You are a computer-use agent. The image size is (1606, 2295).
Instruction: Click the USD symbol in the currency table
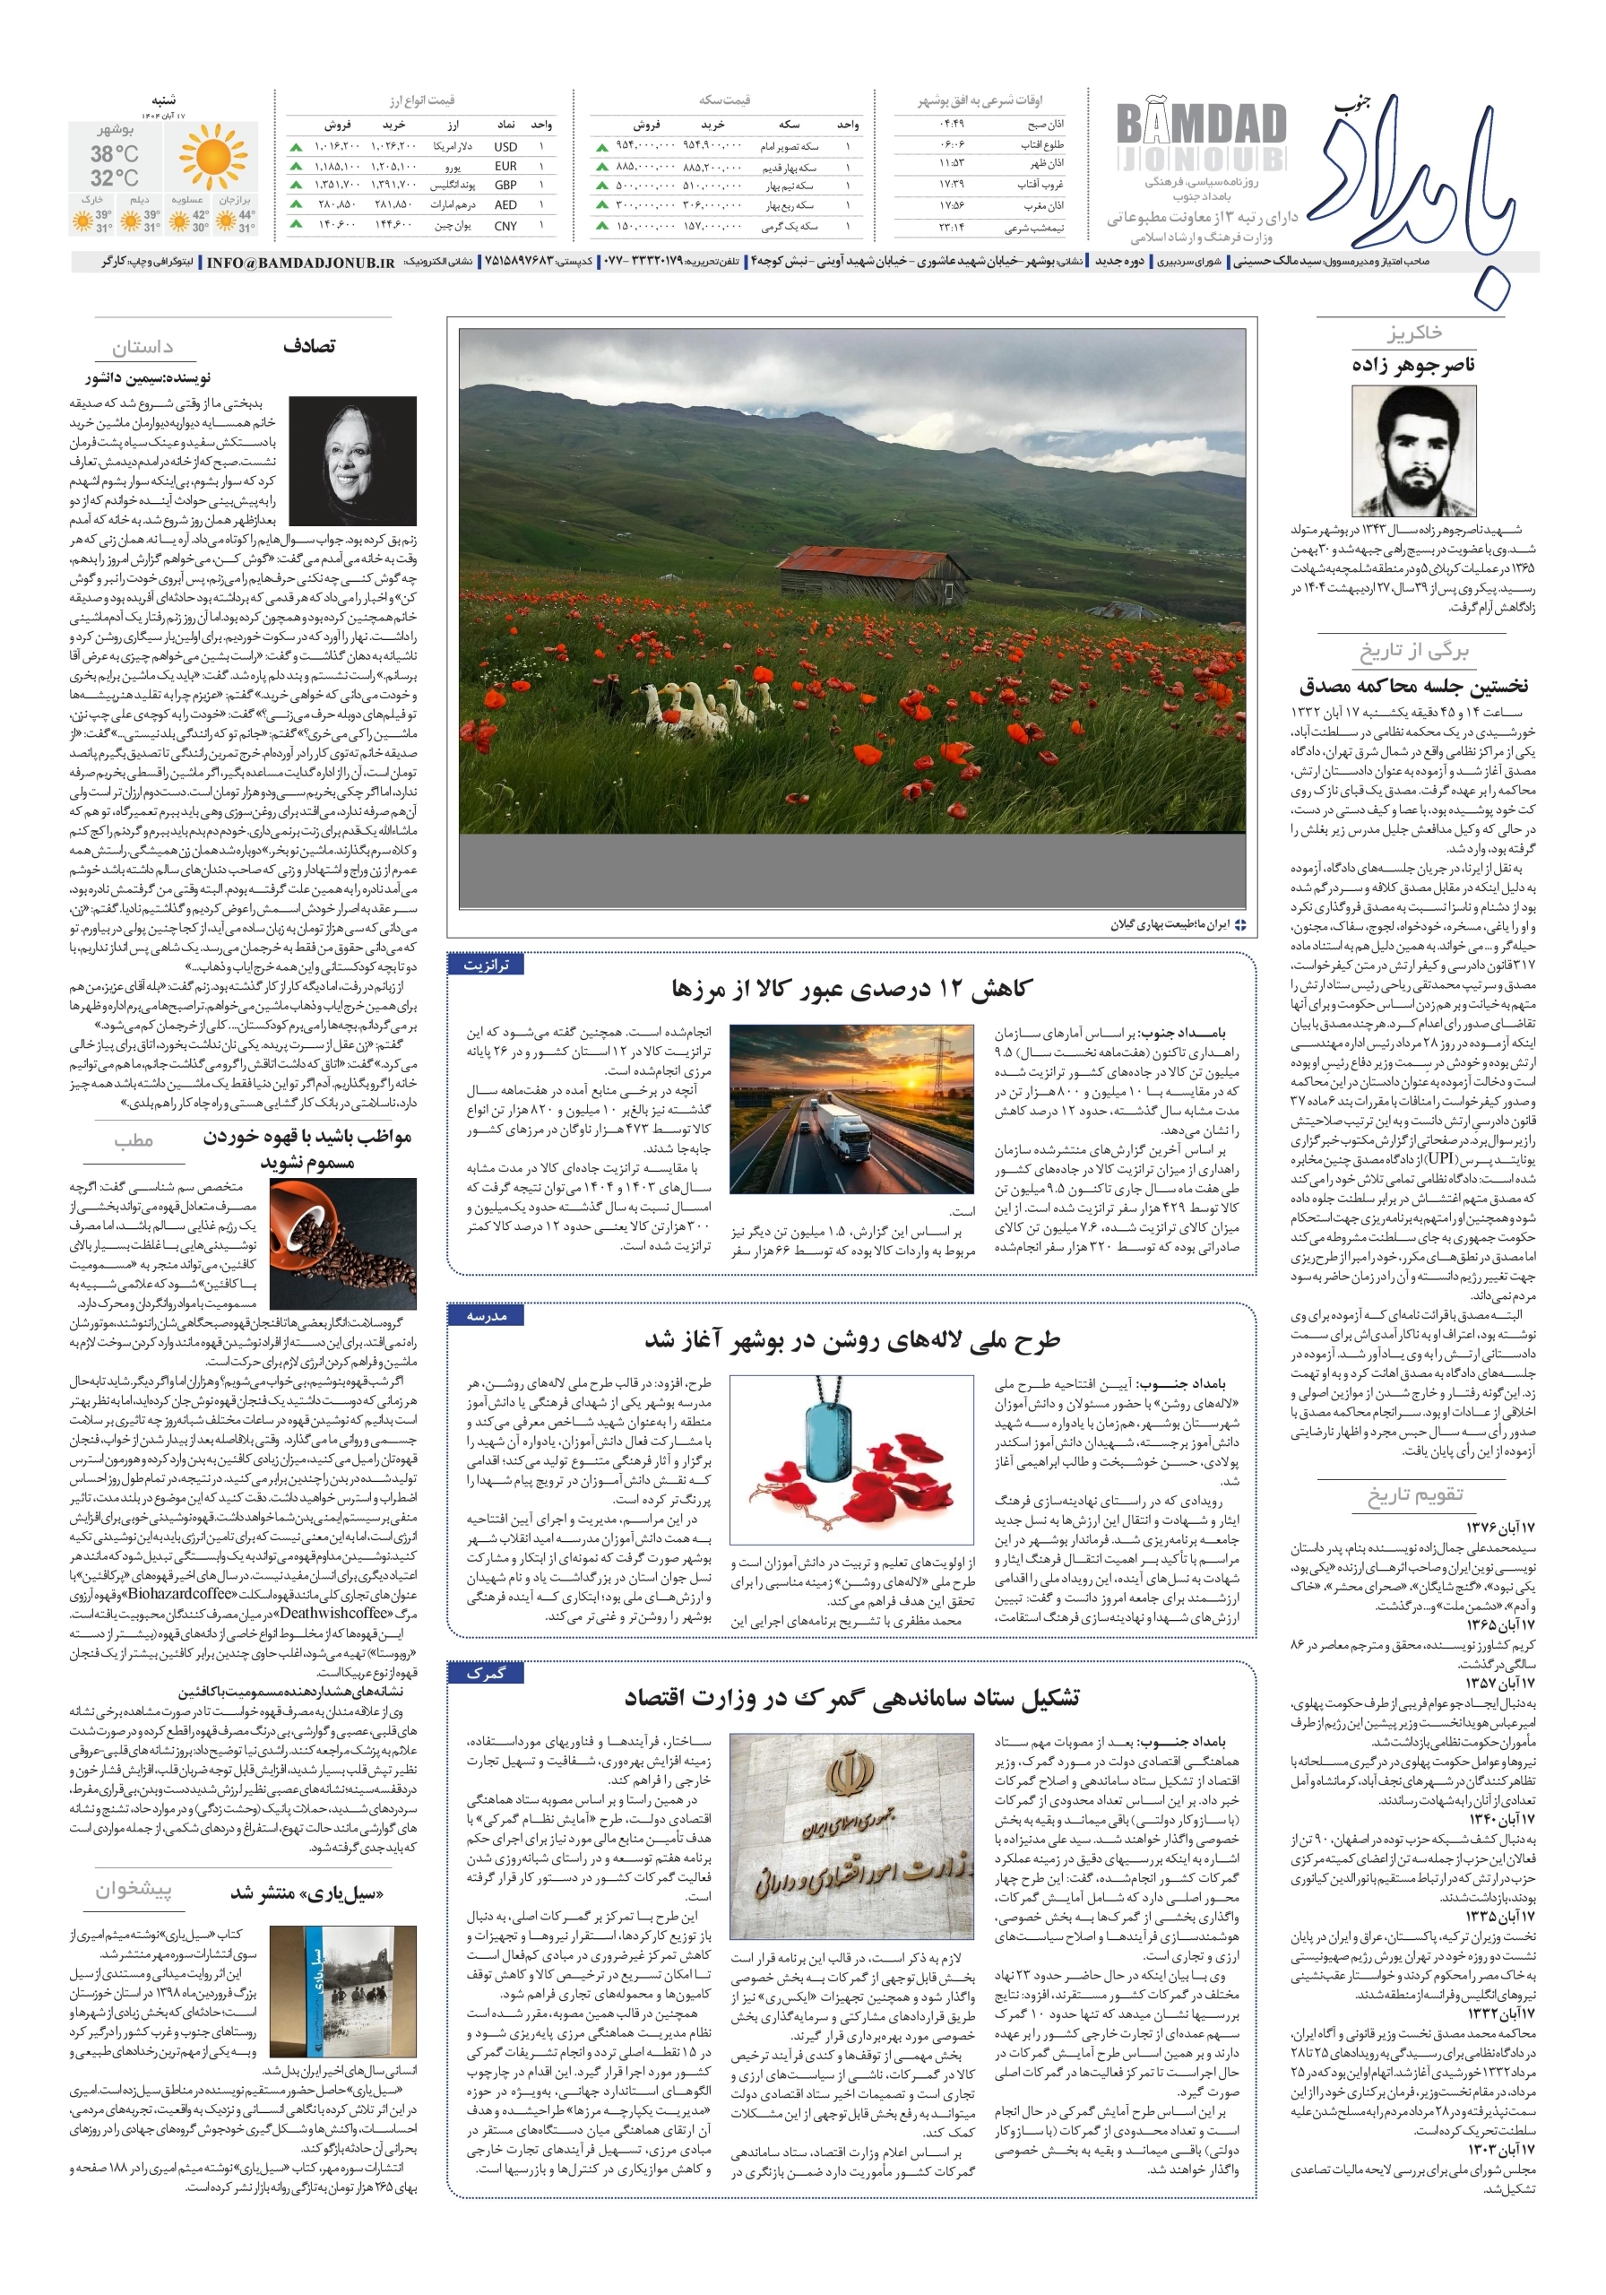coord(505,147)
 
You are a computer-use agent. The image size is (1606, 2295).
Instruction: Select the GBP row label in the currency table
coord(505,185)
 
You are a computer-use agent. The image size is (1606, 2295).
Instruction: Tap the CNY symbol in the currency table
coord(505,226)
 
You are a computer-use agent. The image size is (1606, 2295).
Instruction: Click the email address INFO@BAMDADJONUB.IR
coord(300,263)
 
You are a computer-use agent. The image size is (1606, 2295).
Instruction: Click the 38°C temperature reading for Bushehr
coord(114,154)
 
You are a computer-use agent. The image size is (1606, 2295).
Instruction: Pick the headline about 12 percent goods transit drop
coord(850,989)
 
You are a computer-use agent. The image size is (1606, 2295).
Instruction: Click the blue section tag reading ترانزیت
coord(486,965)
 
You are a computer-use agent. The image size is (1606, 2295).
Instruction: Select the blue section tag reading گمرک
coord(486,1673)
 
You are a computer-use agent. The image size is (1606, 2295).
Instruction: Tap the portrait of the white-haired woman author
coord(353,461)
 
